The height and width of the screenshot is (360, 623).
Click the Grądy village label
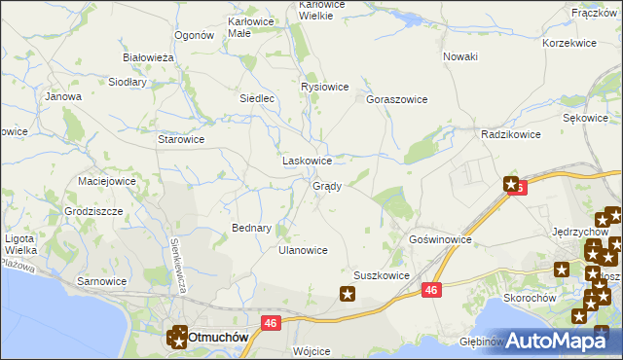click(x=326, y=186)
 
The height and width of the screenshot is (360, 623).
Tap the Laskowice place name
click(x=307, y=161)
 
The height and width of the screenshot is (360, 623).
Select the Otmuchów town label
click(x=218, y=336)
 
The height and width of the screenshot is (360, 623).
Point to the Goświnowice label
click(x=440, y=239)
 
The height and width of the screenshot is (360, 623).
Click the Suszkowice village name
click(x=381, y=275)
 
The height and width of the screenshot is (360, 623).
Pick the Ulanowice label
click(x=303, y=250)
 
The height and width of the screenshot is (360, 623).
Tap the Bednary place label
click(x=251, y=228)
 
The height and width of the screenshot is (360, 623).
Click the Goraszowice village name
click(x=397, y=99)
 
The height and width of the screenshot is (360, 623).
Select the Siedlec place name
click(x=260, y=98)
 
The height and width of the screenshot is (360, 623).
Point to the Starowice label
click(x=181, y=139)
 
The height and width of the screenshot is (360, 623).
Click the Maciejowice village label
click(x=106, y=181)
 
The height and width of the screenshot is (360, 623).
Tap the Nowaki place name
click(x=459, y=56)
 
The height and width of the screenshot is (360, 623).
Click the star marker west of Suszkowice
click(x=348, y=292)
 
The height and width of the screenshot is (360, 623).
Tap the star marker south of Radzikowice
click(x=511, y=183)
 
